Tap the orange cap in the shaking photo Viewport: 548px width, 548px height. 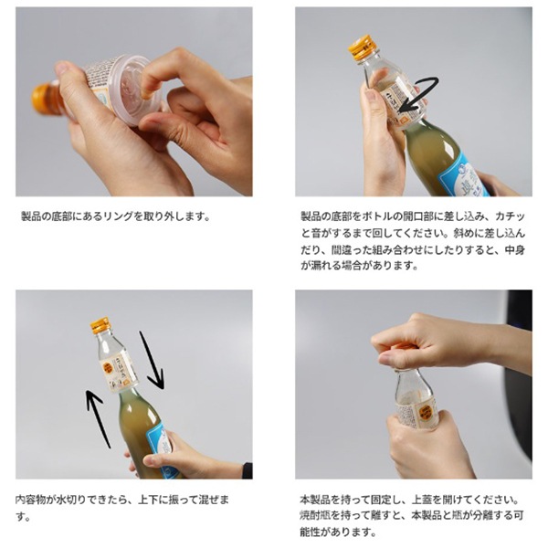pos(100,325)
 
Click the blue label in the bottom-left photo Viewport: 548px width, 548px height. pos(160,448)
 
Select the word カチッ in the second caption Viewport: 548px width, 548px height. pos(502,216)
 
